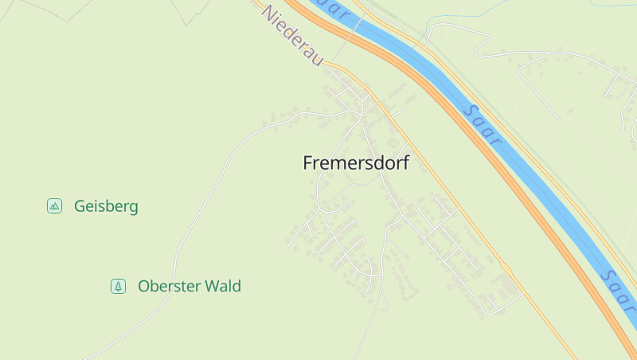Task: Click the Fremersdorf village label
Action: tap(356, 162)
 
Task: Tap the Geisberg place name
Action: tap(106, 206)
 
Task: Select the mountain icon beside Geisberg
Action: tap(54, 206)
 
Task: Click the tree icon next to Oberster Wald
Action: tap(118, 286)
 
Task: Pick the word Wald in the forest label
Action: tap(222, 286)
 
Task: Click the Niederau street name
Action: tap(292, 37)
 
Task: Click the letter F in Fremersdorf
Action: tap(309, 162)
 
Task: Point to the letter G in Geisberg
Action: tap(80, 206)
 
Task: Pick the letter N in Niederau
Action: tap(268, 14)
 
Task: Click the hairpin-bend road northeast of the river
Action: tap(478, 40)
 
